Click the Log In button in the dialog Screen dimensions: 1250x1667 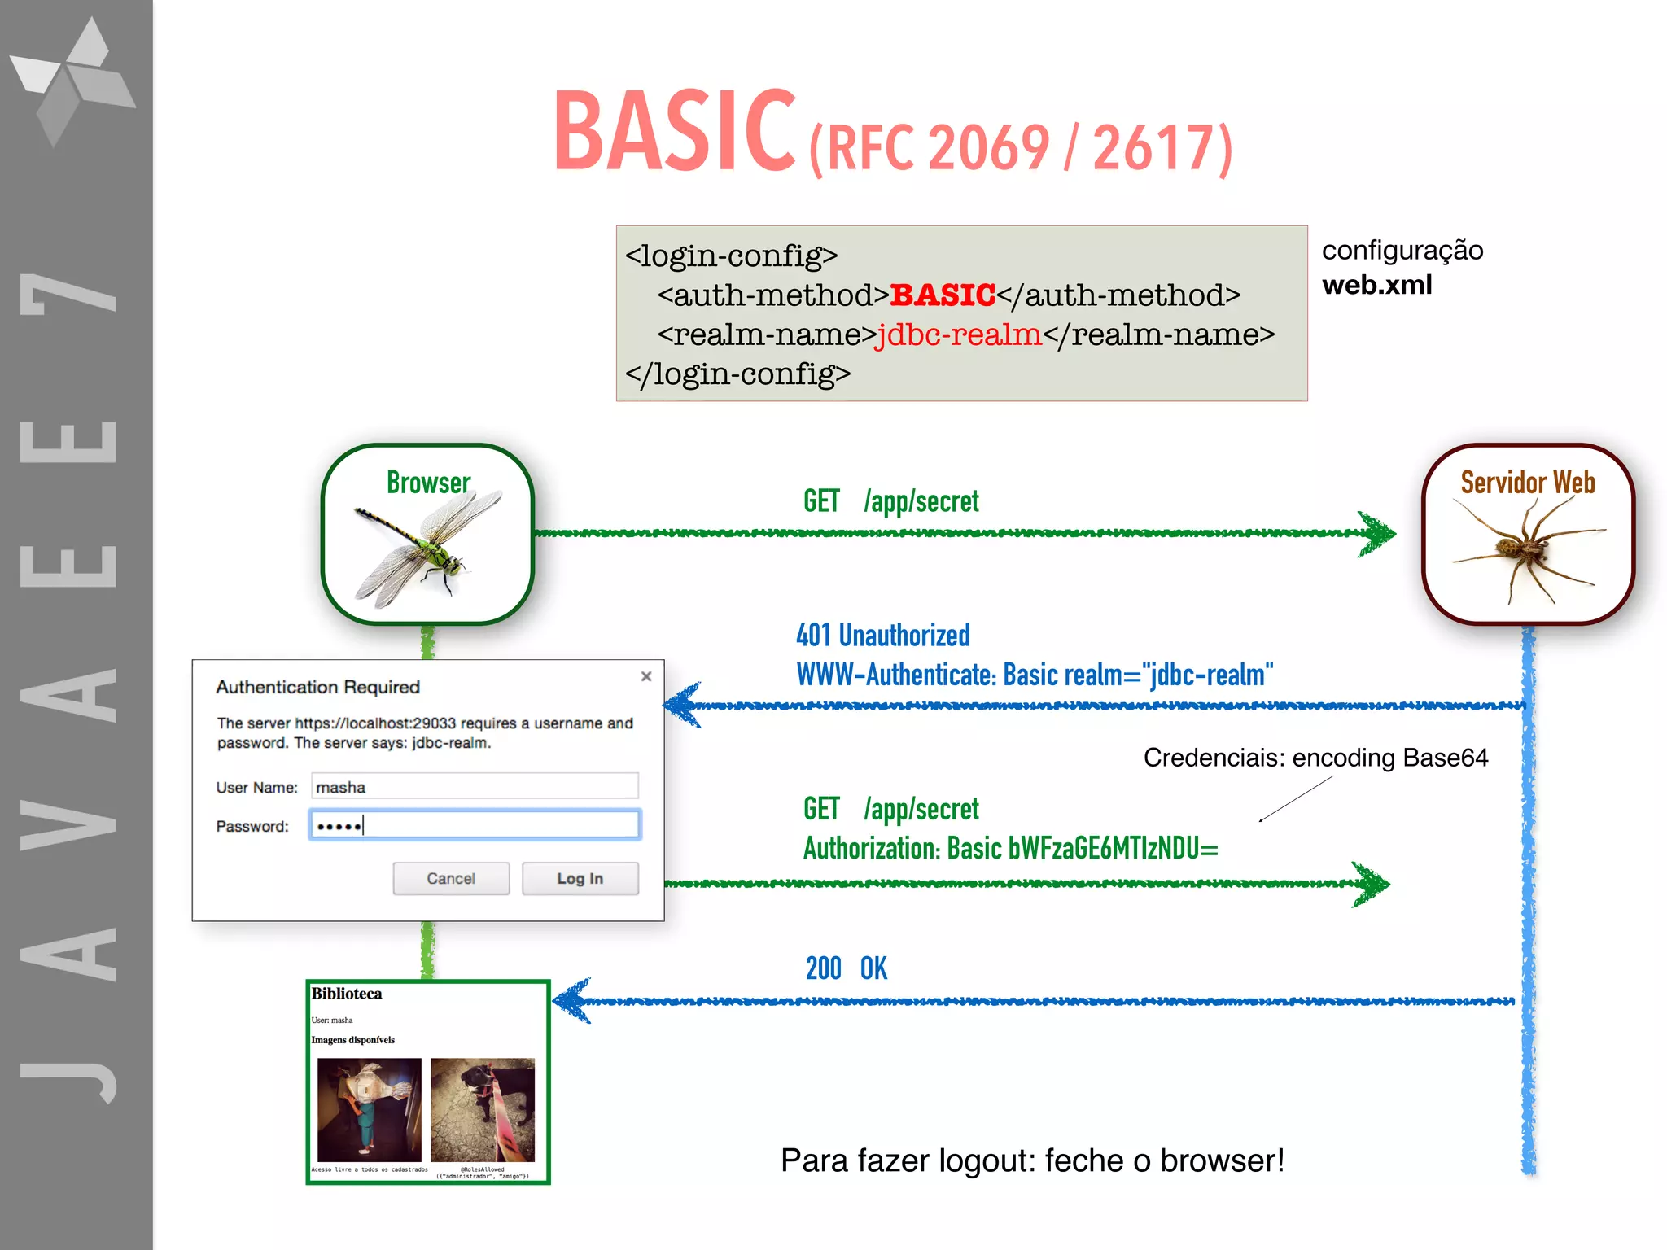tap(580, 878)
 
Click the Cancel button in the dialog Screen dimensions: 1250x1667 tap(451, 878)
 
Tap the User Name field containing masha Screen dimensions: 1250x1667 tap(475, 786)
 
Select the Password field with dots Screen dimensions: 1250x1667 tap(475, 825)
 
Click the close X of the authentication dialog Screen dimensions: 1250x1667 tap(646, 676)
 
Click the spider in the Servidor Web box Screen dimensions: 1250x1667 tap(1522, 549)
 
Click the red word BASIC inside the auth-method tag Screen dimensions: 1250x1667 tap(943, 295)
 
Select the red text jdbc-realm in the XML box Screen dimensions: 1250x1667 tap(958, 334)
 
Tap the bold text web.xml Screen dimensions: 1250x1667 tap(1376, 285)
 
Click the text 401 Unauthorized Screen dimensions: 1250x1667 tap(882, 635)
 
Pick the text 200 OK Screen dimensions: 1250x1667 tap(846, 968)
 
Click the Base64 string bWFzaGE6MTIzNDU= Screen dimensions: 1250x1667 tap(1113, 848)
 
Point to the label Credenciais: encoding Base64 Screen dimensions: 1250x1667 tap(1315, 758)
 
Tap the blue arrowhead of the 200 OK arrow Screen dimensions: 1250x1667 tap(572, 1001)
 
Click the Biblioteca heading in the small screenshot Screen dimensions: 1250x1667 tap(347, 994)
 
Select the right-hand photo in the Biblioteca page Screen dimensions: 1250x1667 tap(482, 1109)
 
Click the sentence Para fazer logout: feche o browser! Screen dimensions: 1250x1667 tap(1031, 1160)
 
